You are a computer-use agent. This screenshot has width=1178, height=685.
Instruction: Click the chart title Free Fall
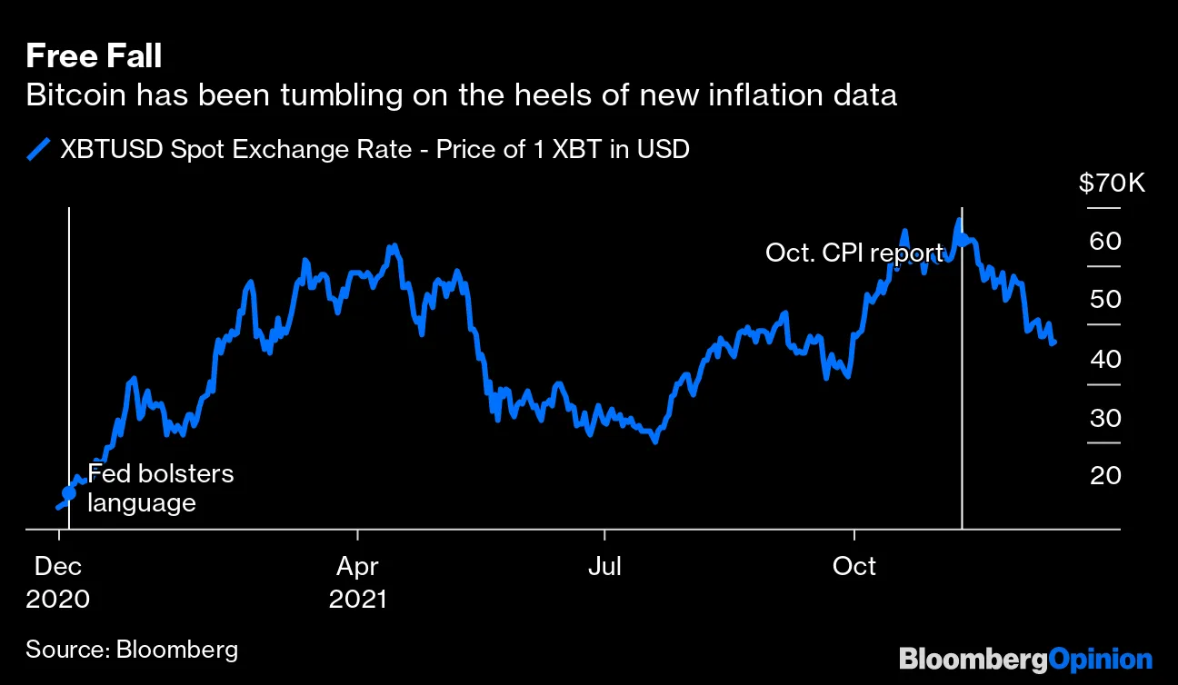tap(94, 57)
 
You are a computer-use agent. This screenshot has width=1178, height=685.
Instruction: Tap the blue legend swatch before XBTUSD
tap(38, 149)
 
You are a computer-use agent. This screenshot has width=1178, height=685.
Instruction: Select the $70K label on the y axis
tap(1112, 184)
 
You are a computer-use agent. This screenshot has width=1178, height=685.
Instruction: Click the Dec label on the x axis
tap(58, 567)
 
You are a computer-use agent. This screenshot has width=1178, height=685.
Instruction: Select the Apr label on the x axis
tap(358, 567)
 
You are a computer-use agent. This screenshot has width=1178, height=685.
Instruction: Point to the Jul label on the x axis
tap(604, 567)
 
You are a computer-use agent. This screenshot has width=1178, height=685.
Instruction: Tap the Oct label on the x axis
tap(854, 567)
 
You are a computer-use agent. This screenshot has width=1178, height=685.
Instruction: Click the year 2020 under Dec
tap(58, 600)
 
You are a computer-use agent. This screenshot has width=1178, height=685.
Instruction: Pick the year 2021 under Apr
tap(358, 600)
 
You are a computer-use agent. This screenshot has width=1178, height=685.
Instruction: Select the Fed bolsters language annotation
tap(160, 489)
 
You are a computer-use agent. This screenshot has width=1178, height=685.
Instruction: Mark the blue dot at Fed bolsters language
tap(69, 492)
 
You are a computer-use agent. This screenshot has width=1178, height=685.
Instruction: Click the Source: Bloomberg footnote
tap(132, 650)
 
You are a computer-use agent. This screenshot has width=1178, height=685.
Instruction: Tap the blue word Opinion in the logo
tap(1101, 659)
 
